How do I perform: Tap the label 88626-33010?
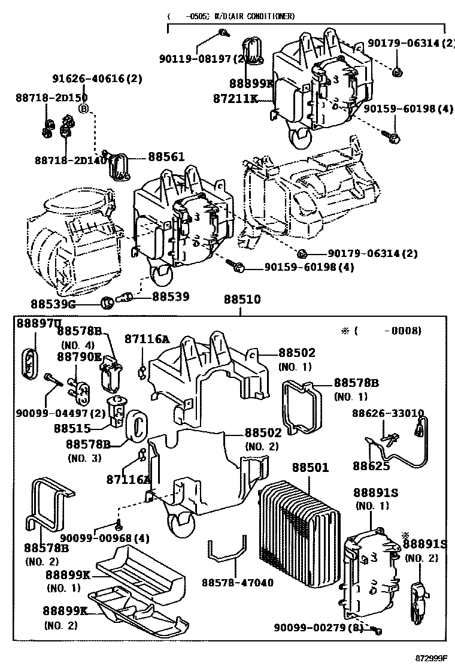(387, 413)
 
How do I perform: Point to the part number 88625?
(371, 466)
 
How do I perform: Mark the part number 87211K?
(235, 98)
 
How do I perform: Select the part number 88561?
(167, 157)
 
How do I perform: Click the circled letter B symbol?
(84, 108)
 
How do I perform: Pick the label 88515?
(72, 429)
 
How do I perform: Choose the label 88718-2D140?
(62, 160)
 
